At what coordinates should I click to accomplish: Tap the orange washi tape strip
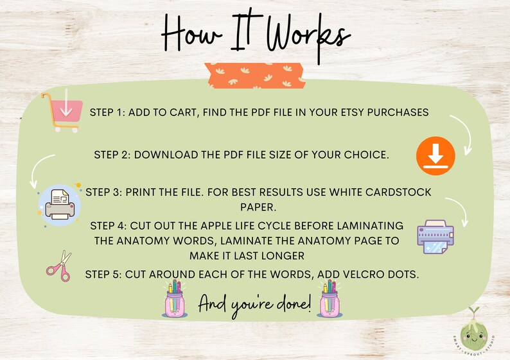click(254, 76)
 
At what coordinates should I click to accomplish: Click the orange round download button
click(435, 156)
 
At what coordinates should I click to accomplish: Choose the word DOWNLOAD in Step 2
click(163, 155)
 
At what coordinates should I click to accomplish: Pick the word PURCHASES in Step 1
click(398, 112)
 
